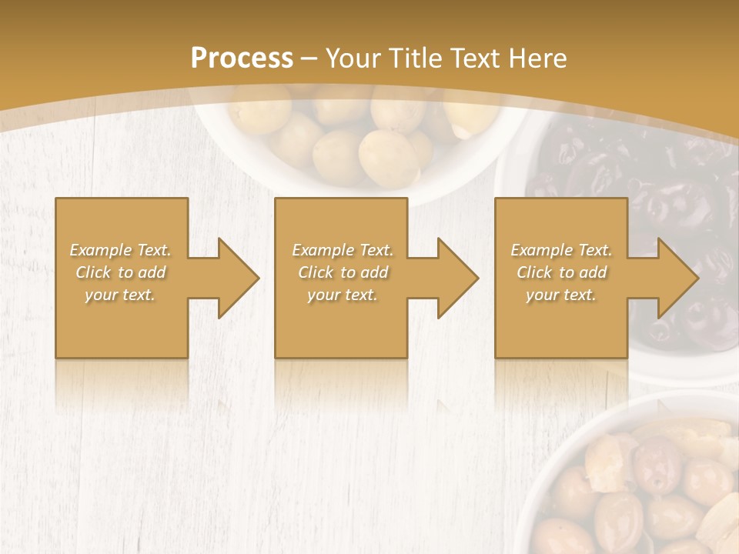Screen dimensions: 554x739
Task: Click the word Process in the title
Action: tap(242, 58)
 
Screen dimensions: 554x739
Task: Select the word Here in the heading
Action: tap(537, 58)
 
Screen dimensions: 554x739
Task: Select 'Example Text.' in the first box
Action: tap(121, 250)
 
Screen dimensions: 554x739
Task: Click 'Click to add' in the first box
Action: tap(121, 272)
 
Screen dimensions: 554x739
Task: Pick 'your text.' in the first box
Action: tap(121, 295)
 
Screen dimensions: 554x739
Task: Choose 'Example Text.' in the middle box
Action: tap(343, 250)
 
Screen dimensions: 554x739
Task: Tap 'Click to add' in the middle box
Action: tap(343, 272)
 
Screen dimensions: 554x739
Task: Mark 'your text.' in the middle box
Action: tap(343, 295)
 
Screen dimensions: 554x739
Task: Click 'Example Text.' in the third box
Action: tap(561, 250)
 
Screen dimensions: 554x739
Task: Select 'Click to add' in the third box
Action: tap(561, 272)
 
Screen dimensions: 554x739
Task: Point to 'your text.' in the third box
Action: tap(561, 295)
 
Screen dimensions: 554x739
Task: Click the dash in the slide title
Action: tap(309, 58)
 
